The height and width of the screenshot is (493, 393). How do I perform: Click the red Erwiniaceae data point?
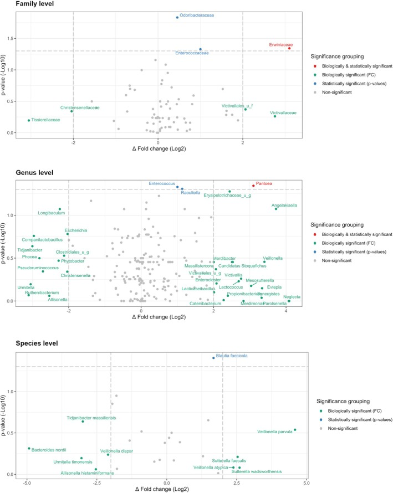tap(289, 48)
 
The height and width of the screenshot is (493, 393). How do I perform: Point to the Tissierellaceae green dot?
tap(29, 120)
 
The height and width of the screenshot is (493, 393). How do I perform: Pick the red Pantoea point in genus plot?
tap(253, 186)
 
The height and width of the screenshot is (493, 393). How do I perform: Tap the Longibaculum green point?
tap(60, 209)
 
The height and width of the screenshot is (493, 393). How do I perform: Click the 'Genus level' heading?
tap(23, 173)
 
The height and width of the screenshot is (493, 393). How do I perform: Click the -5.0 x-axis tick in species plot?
tap(27, 484)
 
